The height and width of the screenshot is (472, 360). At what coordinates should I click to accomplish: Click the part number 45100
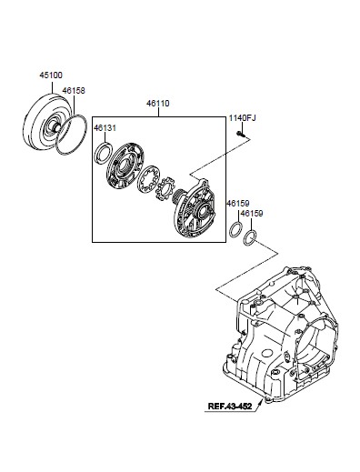point(51,75)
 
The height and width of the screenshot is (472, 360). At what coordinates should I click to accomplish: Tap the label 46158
point(74,91)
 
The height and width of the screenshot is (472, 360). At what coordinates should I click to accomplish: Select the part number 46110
point(158,104)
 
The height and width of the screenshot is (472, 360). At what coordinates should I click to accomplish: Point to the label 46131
point(105,128)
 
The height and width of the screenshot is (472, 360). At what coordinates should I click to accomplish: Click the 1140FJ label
point(242,117)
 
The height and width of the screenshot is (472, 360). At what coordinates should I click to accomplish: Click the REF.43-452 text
point(230,406)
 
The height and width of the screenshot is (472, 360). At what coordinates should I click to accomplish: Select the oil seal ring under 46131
point(104,154)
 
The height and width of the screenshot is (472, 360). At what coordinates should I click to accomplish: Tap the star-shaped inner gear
point(165,188)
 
